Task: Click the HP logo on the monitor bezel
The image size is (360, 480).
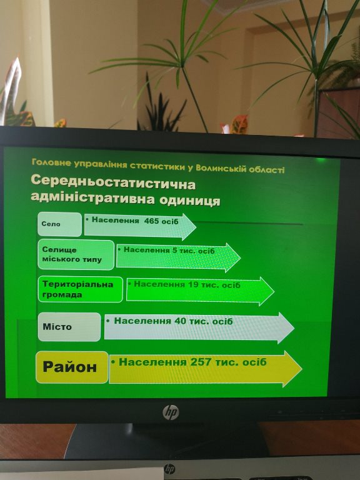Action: (x=171, y=412)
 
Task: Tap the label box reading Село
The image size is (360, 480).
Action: (x=60, y=224)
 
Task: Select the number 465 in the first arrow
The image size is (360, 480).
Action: (x=151, y=221)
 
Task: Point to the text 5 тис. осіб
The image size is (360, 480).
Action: (x=194, y=251)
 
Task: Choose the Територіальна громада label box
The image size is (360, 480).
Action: (x=80, y=289)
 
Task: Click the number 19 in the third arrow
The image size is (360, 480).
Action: (x=193, y=285)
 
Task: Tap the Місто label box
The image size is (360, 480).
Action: (x=69, y=327)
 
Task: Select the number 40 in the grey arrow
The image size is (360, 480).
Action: (x=180, y=321)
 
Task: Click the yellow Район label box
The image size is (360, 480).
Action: (x=72, y=367)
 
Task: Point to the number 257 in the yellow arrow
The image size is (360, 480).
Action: (x=201, y=362)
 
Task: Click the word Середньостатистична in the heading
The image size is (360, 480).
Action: (x=113, y=183)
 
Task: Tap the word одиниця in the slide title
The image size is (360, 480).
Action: (x=190, y=200)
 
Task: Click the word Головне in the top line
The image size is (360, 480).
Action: (x=51, y=162)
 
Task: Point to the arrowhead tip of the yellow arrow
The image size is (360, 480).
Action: (x=302, y=369)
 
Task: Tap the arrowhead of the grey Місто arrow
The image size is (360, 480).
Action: (x=286, y=328)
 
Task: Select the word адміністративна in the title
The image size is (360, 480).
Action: (x=92, y=197)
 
